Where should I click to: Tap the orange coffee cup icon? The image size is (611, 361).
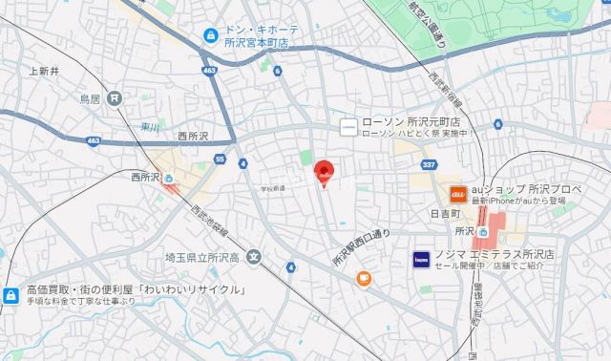[363, 278]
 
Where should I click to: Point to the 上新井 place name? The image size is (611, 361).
[45, 71]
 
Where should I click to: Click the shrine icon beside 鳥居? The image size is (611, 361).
[114, 97]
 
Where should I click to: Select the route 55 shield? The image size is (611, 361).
[221, 159]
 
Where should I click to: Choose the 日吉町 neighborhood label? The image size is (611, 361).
[444, 214]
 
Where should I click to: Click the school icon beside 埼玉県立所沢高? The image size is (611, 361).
[253, 255]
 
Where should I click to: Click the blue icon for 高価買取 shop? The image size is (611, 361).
[11, 295]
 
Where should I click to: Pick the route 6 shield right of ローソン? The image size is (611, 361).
[498, 124]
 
